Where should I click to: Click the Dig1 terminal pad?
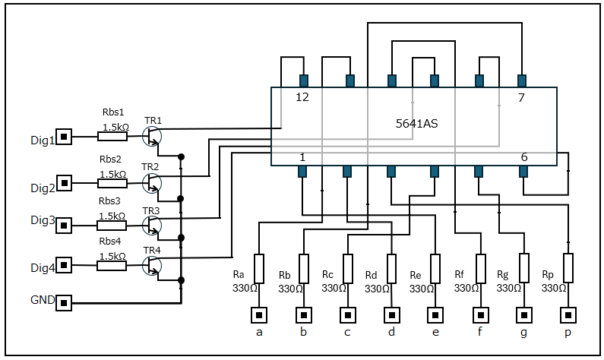64,137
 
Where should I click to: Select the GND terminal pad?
64,303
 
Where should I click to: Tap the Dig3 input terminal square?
64,226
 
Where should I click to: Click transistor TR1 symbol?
152,136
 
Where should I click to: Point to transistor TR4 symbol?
152,265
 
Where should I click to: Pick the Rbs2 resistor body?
112,183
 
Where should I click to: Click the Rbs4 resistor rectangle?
112,266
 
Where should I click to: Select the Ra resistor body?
259,269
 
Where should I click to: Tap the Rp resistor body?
568,268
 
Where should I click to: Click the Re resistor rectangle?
435,269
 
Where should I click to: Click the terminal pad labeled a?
259,315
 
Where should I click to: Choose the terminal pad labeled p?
568,315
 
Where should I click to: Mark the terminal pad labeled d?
392,315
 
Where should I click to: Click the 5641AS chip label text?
417,124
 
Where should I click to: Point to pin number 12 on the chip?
302,97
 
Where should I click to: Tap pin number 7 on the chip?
521,97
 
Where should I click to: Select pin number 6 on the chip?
524,157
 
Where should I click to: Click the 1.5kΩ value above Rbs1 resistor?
115,127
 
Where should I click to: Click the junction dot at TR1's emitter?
181,156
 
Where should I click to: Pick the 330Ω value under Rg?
509,288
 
